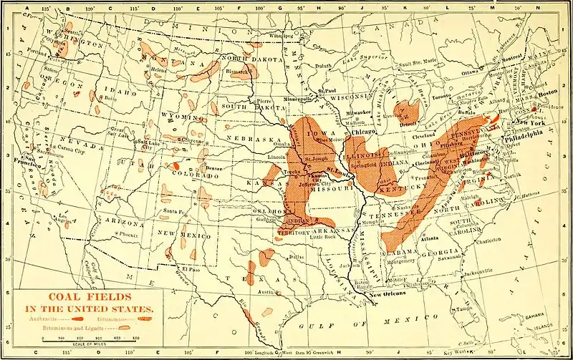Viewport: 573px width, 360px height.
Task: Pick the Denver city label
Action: (213, 169)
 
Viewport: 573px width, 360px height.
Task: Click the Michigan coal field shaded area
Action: (408, 111)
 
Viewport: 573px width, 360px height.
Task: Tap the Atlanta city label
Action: (430, 238)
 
